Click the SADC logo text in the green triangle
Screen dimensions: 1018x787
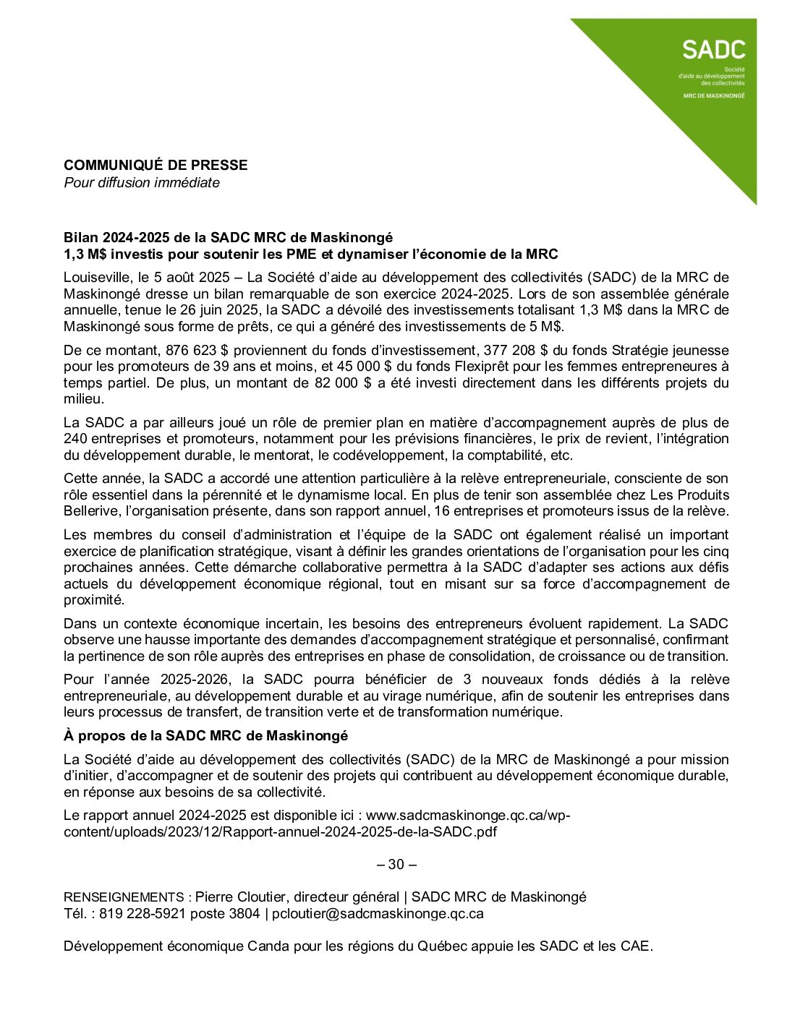click(713, 49)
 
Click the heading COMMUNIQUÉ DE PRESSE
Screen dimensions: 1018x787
click(156, 165)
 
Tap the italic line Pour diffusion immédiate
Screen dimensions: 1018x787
click(142, 182)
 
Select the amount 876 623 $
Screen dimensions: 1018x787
click(195, 351)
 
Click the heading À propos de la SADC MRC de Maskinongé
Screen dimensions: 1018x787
click(205, 735)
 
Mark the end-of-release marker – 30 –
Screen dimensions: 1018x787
click(397, 864)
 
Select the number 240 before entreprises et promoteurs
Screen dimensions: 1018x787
click(75, 439)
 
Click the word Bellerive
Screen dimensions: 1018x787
click(92, 511)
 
